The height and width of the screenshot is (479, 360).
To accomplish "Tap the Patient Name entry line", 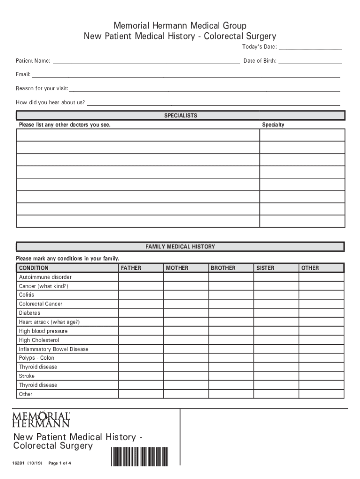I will (146, 62).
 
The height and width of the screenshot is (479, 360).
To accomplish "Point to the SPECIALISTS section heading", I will (180, 116).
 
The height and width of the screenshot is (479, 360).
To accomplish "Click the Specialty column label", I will (273, 125).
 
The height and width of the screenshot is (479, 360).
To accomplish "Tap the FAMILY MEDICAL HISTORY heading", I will (180, 247).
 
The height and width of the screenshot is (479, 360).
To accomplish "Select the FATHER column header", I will (131, 268).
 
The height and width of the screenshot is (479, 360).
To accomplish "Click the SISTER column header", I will (265, 268).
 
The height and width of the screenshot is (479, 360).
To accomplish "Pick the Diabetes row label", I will (29, 313).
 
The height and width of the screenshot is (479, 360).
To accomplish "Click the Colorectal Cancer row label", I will (40, 304).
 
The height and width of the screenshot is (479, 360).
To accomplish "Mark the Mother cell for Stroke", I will (186, 376).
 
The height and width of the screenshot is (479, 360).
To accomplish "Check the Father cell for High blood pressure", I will (140, 331).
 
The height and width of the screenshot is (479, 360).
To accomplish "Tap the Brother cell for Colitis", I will (230, 295).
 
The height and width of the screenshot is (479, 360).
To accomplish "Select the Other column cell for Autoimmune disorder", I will (321, 277).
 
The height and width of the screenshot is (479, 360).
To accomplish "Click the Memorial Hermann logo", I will (41, 419).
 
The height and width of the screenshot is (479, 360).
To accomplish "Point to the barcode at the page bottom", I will (139, 457).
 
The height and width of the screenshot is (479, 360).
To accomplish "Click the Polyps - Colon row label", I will (36, 358).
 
